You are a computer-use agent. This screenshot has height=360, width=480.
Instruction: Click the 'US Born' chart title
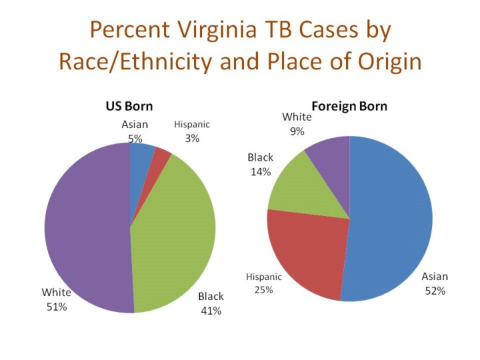(x=129, y=107)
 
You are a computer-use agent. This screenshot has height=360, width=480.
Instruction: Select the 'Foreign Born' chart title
(x=349, y=107)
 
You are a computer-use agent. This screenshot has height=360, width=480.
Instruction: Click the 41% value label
(x=211, y=310)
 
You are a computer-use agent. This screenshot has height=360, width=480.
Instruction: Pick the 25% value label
(x=264, y=290)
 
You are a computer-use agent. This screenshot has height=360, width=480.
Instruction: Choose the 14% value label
(x=260, y=172)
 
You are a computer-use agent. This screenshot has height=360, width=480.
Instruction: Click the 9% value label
(x=297, y=131)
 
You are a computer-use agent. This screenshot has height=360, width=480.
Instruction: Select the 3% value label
(x=192, y=138)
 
